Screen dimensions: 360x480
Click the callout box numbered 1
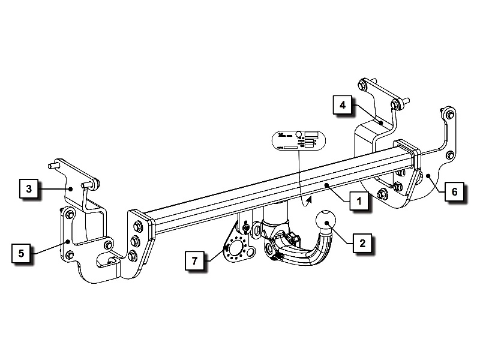point(358,202)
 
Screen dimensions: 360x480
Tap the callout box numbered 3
point(29,188)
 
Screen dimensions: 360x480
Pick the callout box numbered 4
point(343,105)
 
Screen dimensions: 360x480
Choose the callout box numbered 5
point(21,253)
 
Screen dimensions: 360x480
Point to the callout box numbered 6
point(454,192)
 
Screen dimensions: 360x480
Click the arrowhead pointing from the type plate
point(309,198)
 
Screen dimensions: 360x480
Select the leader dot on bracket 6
point(428,176)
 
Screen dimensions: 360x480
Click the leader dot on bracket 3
point(71,188)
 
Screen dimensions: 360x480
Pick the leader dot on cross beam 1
point(326,187)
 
